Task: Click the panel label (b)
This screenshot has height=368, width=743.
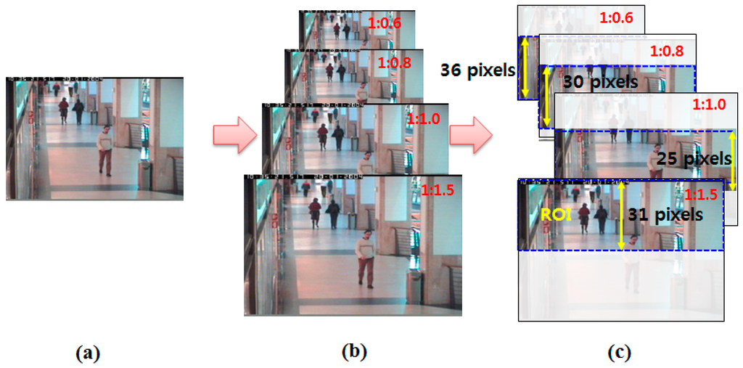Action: pyautogui.click(x=354, y=351)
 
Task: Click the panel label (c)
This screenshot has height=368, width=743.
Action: pyautogui.click(x=620, y=352)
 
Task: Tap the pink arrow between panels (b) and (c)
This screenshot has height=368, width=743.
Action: pyautogui.click(x=471, y=136)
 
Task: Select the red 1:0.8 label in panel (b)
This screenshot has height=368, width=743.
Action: pyautogui.click(x=395, y=63)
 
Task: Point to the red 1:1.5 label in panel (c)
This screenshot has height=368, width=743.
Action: pyautogui.click(x=702, y=195)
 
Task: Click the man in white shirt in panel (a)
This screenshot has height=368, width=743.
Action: pyautogui.click(x=106, y=150)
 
